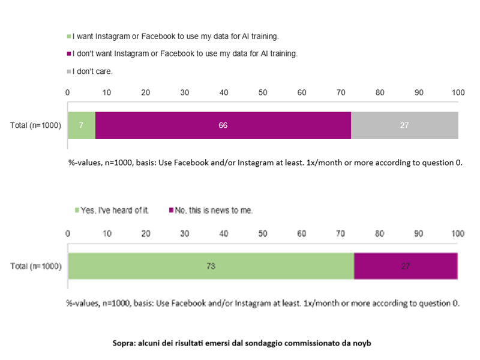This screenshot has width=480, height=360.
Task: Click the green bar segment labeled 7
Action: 81,125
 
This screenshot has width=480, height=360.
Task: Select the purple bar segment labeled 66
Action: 223,125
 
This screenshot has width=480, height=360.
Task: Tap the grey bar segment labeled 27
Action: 404,125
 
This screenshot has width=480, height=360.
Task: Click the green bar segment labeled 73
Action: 211,266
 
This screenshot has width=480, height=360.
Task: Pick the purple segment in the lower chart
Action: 406,266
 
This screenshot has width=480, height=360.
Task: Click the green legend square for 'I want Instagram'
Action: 69,37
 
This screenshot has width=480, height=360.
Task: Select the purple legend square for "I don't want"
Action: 69,54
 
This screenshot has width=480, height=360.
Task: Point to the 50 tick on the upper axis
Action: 263,92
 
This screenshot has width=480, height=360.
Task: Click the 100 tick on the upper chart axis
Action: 458,92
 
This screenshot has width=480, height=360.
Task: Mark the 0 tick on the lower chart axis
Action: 68,233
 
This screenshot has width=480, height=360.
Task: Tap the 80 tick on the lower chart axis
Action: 380,233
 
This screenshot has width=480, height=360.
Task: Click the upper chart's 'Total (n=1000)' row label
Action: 36,125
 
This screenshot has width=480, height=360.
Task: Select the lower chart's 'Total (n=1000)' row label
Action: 36,266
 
